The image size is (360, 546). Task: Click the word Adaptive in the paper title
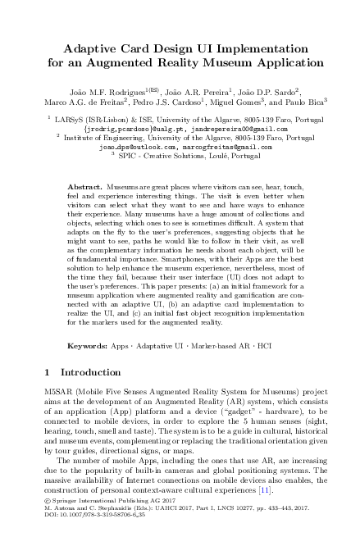[x=71, y=48]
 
